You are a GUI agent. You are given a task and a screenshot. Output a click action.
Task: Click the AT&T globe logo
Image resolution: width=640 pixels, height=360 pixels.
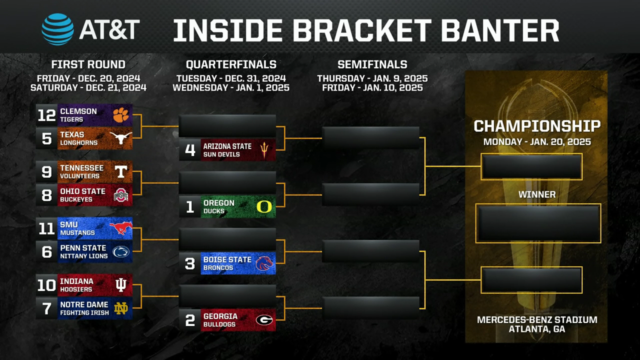coord(57,29)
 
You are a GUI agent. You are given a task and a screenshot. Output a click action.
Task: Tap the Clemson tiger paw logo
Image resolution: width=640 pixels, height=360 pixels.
coord(121,115)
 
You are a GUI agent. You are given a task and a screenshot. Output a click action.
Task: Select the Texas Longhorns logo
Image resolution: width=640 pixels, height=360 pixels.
coord(121,138)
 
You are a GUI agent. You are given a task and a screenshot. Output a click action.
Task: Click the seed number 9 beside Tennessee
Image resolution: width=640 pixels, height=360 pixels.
coord(46,172)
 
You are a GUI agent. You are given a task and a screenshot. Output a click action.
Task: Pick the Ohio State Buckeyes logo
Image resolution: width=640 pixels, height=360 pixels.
coord(121,195)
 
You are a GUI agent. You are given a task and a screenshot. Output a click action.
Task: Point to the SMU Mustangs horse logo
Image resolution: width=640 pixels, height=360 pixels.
coord(121,228)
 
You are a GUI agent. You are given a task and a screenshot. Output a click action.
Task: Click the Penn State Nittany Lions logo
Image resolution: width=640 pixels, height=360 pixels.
coord(121,251)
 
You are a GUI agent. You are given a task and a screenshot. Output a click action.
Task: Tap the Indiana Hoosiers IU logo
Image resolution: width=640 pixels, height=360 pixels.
coord(121,285)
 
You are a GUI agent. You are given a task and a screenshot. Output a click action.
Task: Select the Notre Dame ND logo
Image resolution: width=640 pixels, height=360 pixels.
coord(121,308)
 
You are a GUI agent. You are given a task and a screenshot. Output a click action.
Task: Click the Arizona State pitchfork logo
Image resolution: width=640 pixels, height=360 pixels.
coord(264,150)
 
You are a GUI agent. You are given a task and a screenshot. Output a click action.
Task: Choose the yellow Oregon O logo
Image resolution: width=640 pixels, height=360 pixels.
coord(264,206)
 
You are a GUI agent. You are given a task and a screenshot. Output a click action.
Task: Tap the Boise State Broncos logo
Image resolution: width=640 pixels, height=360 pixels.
coord(264,263)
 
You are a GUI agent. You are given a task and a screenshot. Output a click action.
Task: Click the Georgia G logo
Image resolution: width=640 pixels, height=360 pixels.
coord(264,320)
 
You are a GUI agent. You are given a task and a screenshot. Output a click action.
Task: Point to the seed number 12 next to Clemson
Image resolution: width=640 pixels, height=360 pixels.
coord(46,115)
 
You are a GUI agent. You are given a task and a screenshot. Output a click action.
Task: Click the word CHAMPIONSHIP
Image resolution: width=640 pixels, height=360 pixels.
coord(537,126)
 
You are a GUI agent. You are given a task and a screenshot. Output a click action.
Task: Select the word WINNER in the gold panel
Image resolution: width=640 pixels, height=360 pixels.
coord(537,194)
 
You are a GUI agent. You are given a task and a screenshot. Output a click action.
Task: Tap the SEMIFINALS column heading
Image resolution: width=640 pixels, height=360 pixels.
coord(372,64)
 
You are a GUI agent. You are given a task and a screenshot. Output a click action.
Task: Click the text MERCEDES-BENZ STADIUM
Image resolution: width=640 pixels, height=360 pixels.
coord(537,319)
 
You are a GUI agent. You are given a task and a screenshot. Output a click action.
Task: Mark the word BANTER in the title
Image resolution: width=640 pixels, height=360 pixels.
coord(500,30)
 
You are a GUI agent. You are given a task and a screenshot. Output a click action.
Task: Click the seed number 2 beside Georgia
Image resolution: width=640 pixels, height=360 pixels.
coord(190,320)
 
